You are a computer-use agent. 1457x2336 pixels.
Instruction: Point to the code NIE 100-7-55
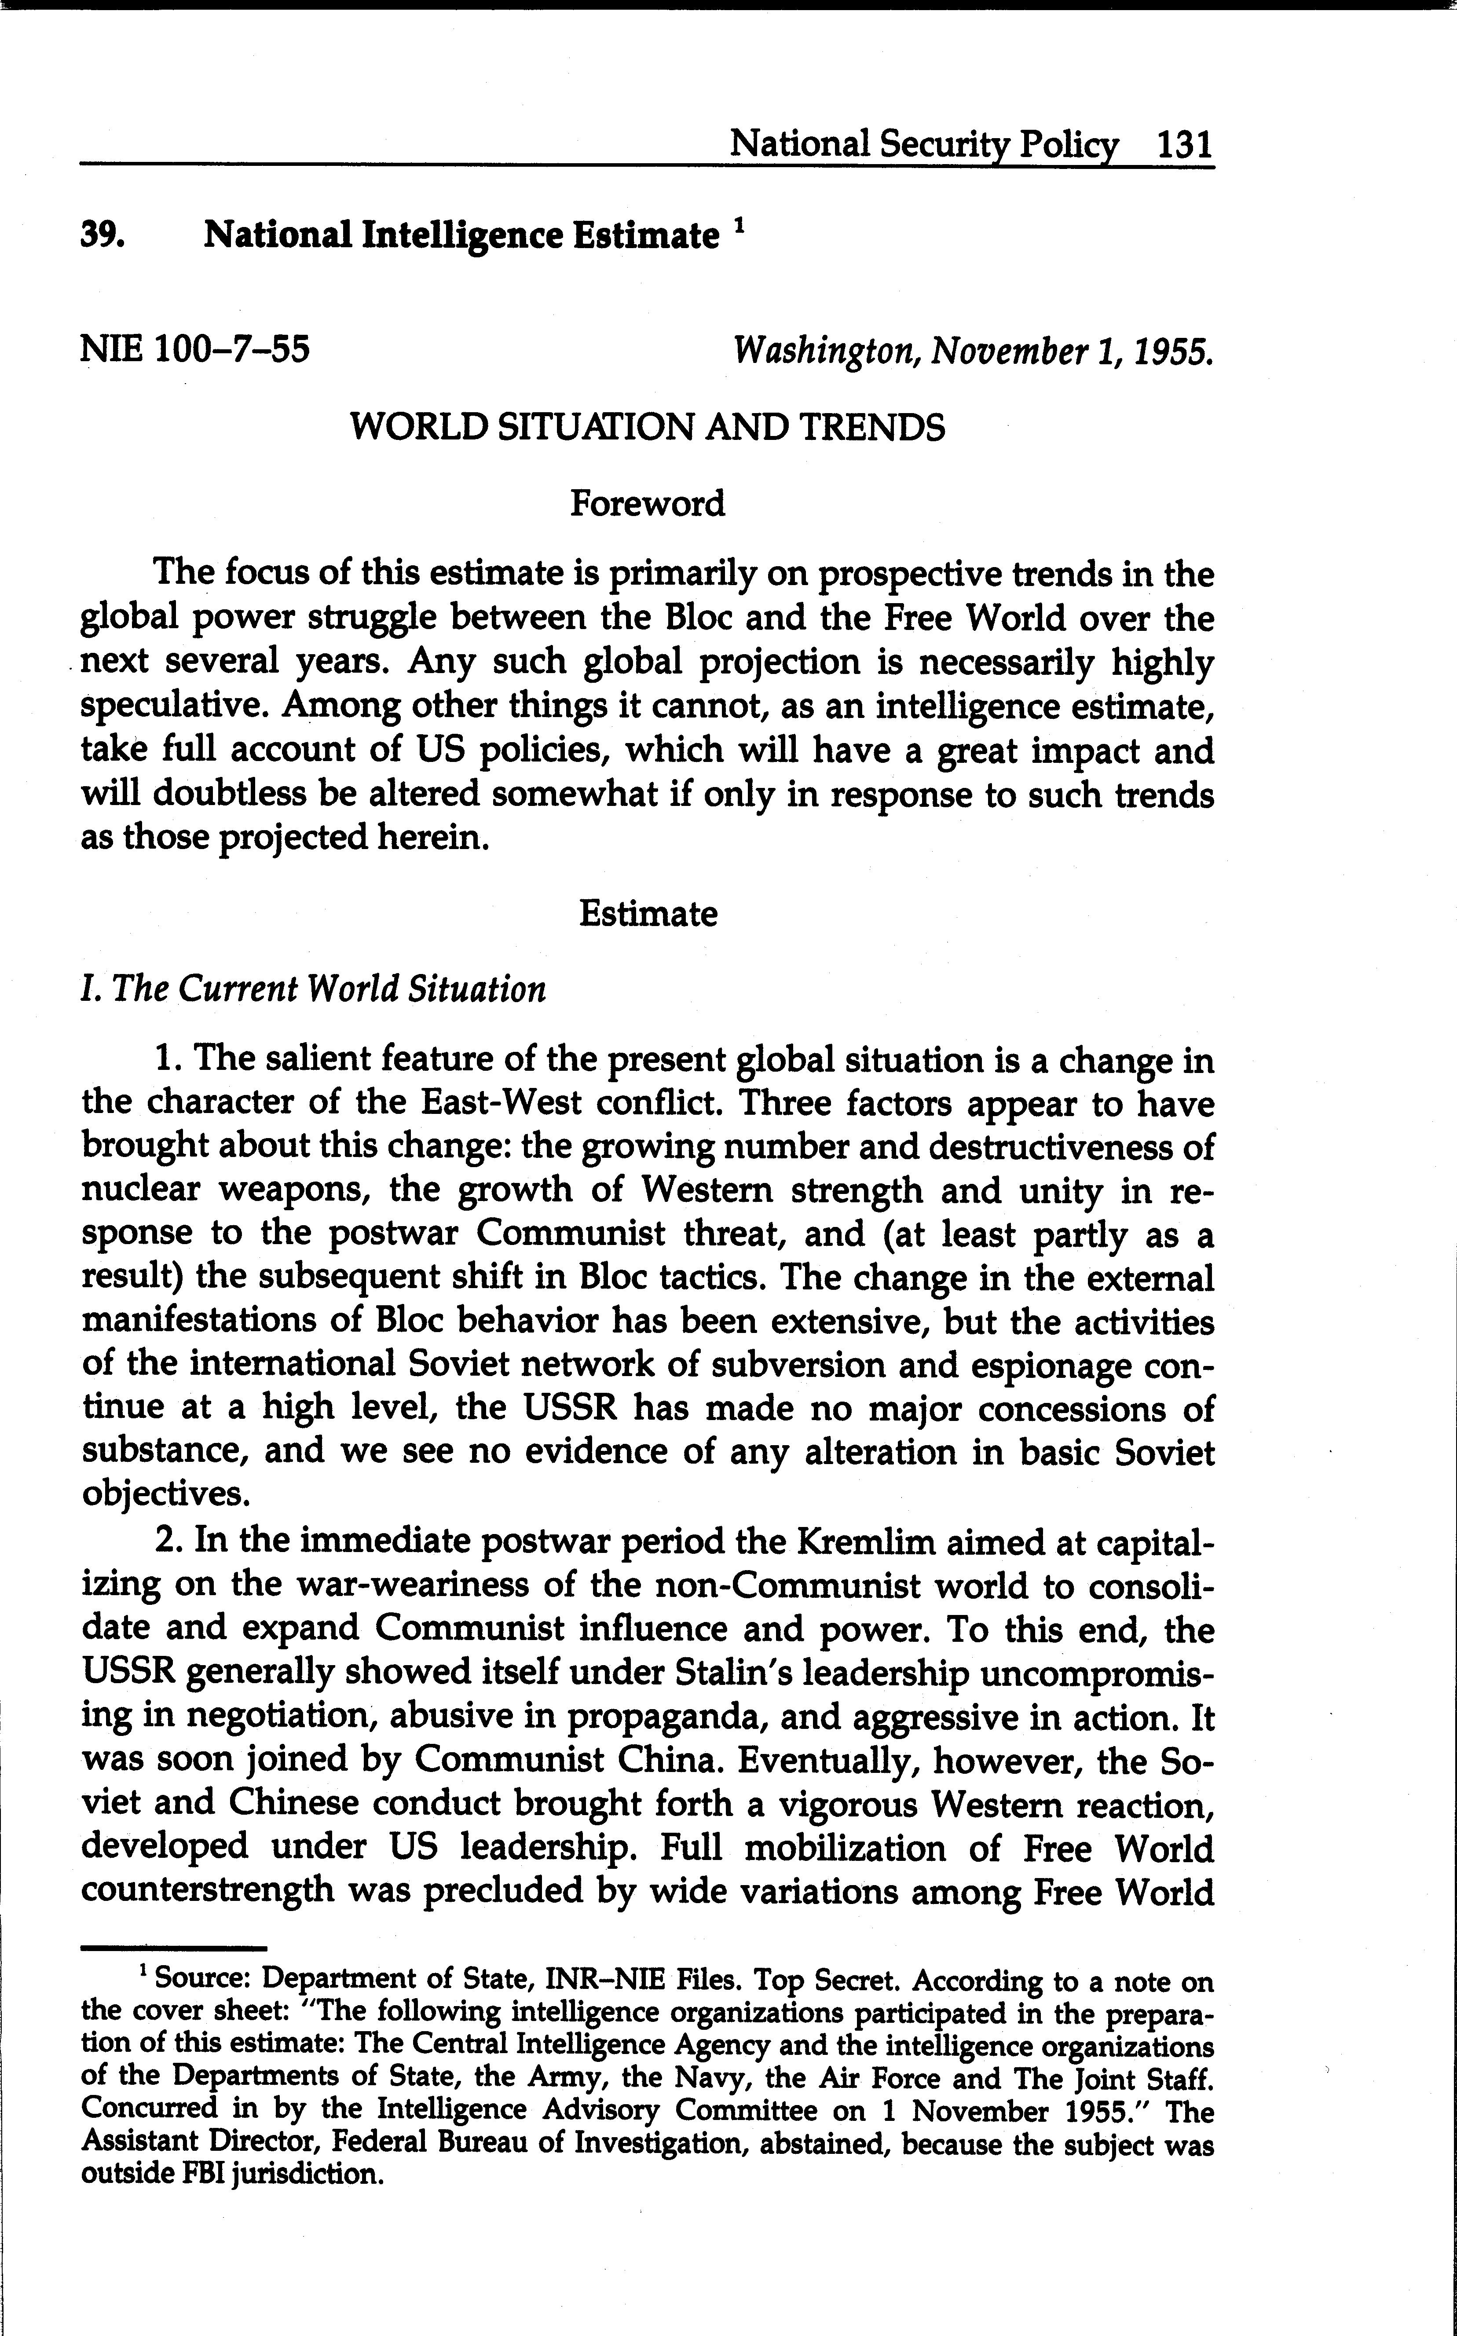196,348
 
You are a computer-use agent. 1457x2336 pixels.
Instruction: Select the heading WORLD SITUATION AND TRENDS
647,426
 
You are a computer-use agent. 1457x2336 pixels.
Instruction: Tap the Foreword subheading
647,503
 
